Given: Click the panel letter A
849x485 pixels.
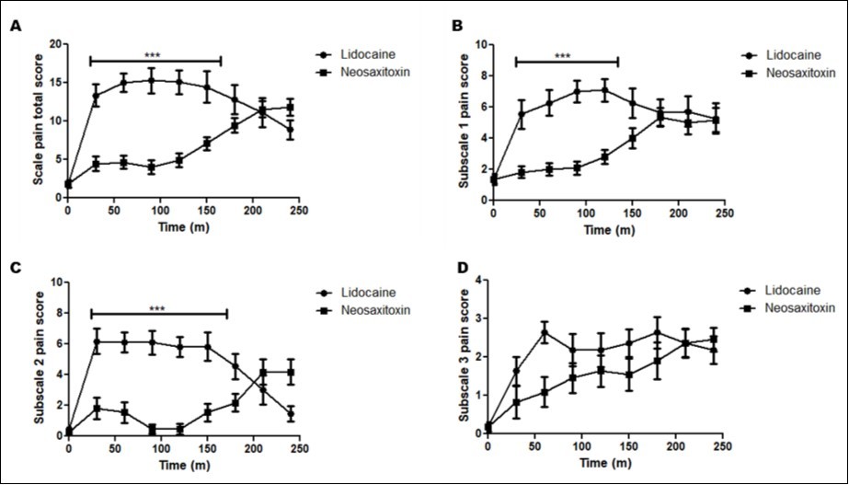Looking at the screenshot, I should pos(16,27).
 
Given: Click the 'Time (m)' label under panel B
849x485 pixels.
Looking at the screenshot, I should pos(608,232).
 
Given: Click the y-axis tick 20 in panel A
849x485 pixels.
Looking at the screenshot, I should pos(56,44).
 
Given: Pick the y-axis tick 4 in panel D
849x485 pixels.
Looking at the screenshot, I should pos(477,280).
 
